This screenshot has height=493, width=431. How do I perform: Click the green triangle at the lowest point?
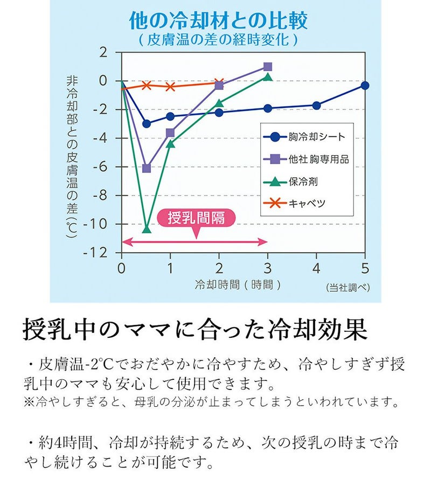(x=146, y=229)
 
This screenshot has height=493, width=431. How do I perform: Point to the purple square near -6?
(x=146, y=168)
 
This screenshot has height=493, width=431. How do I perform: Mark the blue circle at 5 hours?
(x=365, y=85)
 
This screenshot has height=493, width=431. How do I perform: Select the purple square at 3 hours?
(x=268, y=67)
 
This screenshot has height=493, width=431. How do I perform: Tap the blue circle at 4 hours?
(x=316, y=106)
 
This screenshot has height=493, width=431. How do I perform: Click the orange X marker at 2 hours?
(x=219, y=83)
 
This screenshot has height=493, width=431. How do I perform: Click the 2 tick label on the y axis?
(x=103, y=53)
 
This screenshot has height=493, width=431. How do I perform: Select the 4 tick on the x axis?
(x=316, y=268)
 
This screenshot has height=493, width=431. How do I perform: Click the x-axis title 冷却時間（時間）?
(x=238, y=284)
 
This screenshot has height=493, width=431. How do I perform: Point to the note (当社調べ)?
(x=348, y=287)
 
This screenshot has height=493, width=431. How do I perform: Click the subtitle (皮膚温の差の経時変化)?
(x=218, y=39)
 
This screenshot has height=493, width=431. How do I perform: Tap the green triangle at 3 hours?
(x=268, y=77)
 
